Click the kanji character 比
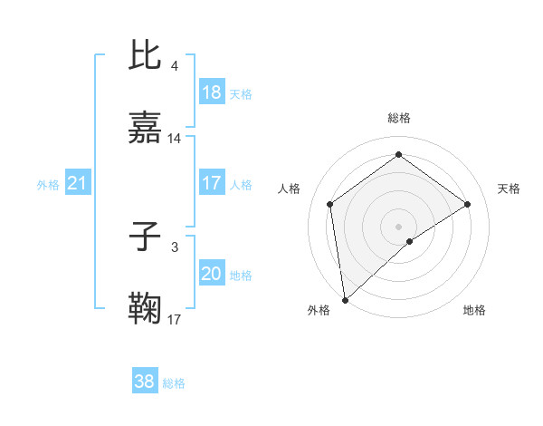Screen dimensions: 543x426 146,55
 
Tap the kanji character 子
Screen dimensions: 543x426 146,237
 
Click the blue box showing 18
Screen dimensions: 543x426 212,92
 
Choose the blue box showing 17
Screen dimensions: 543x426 212,184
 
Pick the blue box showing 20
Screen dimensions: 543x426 212,275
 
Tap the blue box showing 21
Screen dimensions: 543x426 78,184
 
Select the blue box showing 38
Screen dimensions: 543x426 145,382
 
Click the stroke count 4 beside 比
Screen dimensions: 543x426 175,65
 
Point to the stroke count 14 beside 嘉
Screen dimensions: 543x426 175,139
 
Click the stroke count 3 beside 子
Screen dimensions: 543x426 175,247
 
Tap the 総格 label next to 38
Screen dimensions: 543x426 174,383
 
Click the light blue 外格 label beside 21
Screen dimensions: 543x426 48,185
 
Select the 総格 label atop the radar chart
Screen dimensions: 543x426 398,118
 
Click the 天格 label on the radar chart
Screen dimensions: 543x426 510,189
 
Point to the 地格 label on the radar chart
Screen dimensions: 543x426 474,310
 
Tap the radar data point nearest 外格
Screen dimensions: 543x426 345,299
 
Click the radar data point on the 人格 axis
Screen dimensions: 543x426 330,204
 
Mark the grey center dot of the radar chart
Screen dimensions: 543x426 398,226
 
